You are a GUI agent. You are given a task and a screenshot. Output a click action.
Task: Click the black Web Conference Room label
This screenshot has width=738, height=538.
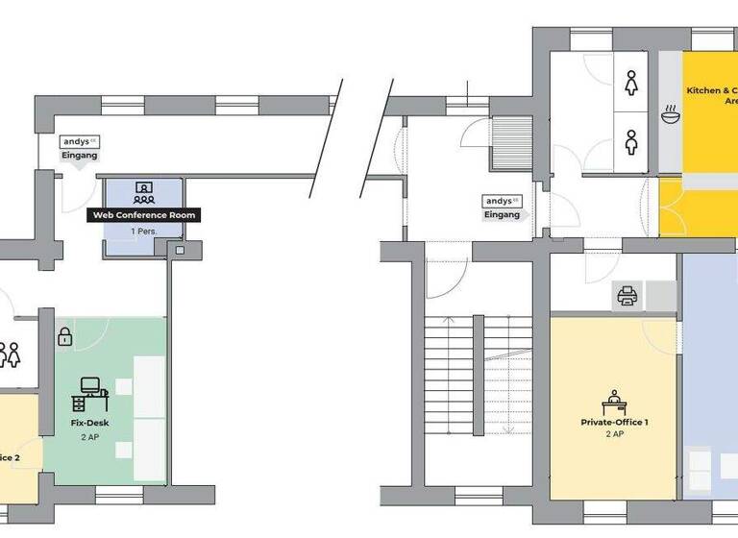pos(144,215)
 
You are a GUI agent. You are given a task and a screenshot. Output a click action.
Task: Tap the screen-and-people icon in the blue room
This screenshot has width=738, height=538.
pos(144,191)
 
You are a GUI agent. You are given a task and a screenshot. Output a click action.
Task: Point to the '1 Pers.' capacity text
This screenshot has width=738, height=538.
pos(144,232)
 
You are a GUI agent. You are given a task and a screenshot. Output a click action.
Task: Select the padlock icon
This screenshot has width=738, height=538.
pos(64,337)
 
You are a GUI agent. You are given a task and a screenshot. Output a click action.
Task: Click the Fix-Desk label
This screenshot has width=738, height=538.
pos(88,422)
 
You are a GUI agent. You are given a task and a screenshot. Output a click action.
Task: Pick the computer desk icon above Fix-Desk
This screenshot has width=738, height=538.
pos(91,389)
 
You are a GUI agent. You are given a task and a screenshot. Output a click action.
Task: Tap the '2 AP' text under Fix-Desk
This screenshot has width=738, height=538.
pos(88,436)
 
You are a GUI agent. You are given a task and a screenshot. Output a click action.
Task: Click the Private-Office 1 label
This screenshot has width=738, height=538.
pos(615,422)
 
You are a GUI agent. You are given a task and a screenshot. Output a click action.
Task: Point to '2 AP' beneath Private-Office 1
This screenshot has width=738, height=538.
pos(615,434)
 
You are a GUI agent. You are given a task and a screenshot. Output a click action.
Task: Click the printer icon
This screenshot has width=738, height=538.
pos(627,295)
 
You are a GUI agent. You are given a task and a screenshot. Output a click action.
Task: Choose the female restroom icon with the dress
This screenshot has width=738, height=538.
pos(631,84)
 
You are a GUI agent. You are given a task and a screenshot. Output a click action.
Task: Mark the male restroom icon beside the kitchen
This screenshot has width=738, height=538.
pos(631,142)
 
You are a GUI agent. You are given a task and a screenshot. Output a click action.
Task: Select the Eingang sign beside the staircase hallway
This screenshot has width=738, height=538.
pos(502,208)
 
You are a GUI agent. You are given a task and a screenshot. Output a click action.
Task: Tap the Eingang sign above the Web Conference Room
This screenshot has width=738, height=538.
pos(80,148)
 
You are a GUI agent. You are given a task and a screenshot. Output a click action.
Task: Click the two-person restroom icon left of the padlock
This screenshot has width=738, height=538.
pos(10,355)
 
